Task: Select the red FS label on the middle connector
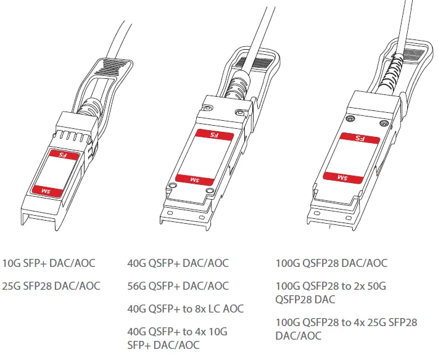click(214, 134)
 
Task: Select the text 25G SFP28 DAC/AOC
click(51, 285)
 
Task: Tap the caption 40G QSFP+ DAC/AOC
click(178, 263)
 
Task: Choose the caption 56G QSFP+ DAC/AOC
click(178, 285)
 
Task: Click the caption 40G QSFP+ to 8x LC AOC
click(185, 308)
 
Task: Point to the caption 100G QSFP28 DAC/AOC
click(331, 263)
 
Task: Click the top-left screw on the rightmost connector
click(350, 118)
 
